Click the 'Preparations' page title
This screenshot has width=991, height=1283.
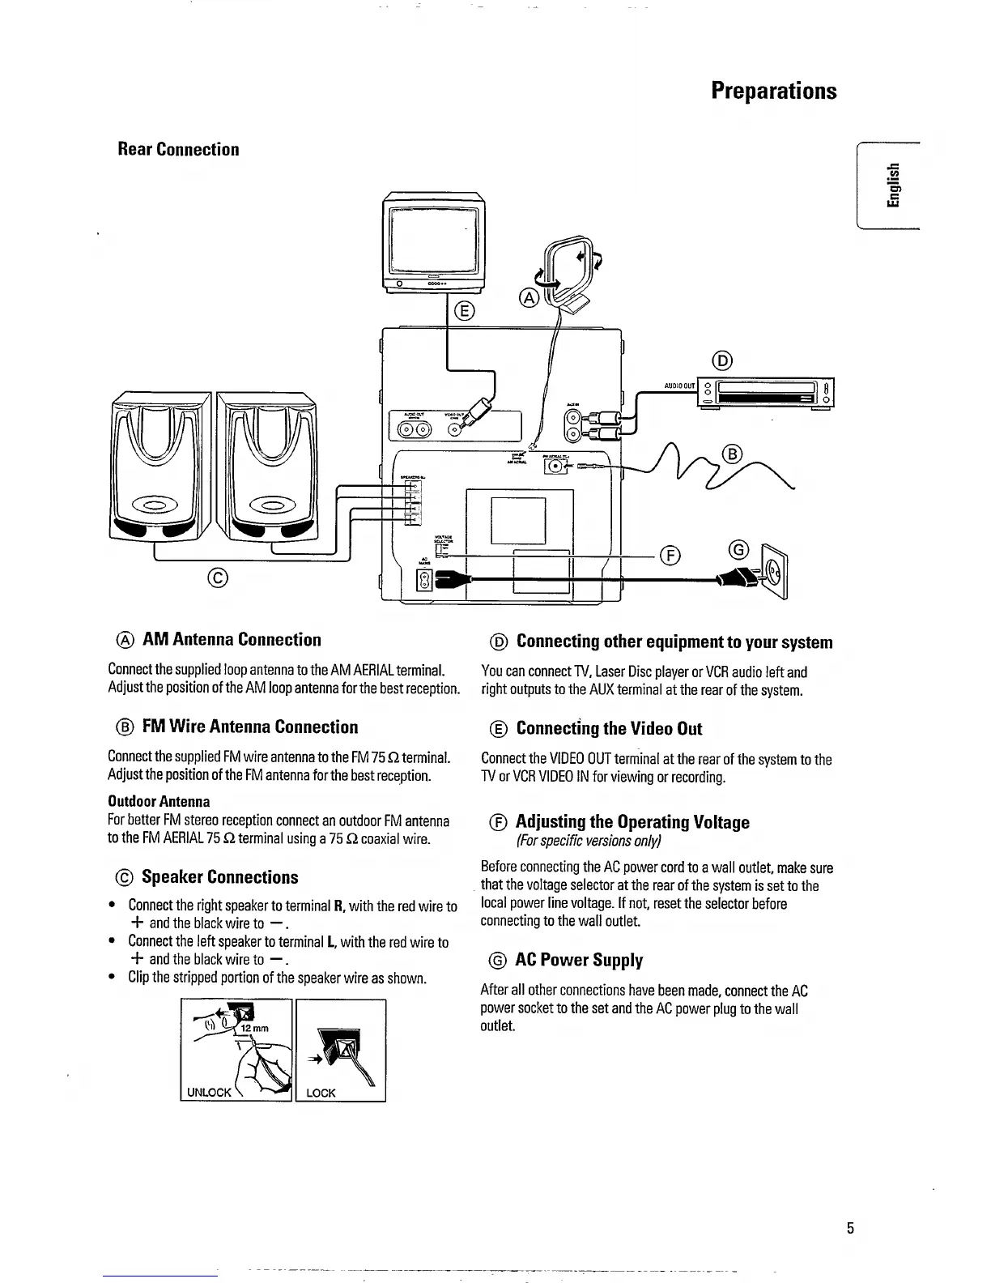[x=773, y=90]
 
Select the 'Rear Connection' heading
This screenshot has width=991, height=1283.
[x=178, y=149]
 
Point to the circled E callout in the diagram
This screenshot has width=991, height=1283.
[x=464, y=310]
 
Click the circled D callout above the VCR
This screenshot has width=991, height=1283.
[x=723, y=360]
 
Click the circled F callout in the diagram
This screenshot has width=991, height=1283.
[x=669, y=555]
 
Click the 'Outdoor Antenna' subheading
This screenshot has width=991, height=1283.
[x=159, y=801]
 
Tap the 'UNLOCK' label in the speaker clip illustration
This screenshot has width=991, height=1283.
[x=209, y=1092]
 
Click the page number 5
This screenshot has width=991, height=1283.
[x=850, y=1228]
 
